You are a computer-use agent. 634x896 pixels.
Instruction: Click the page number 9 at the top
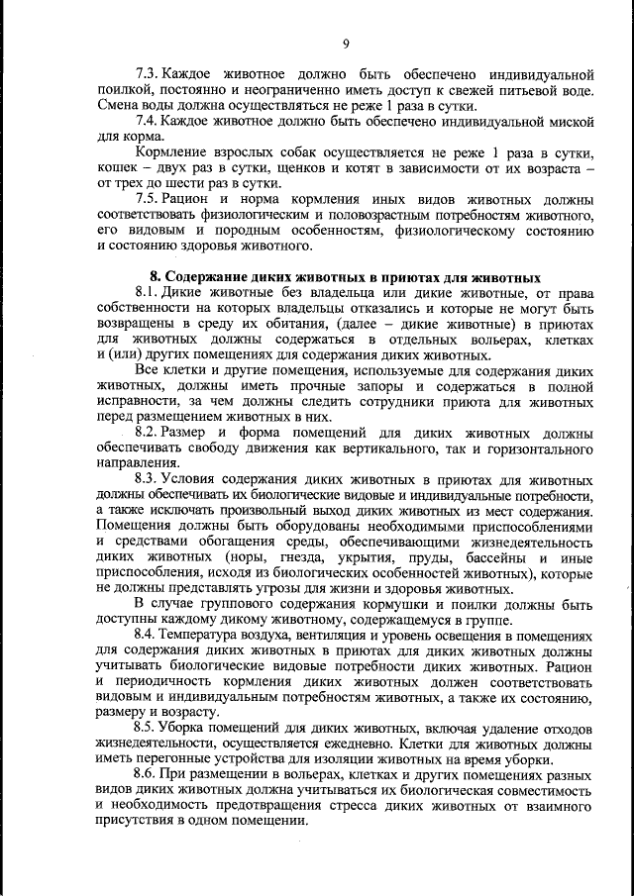(346, 43)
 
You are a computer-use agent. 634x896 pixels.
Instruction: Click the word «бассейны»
(478, 557)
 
